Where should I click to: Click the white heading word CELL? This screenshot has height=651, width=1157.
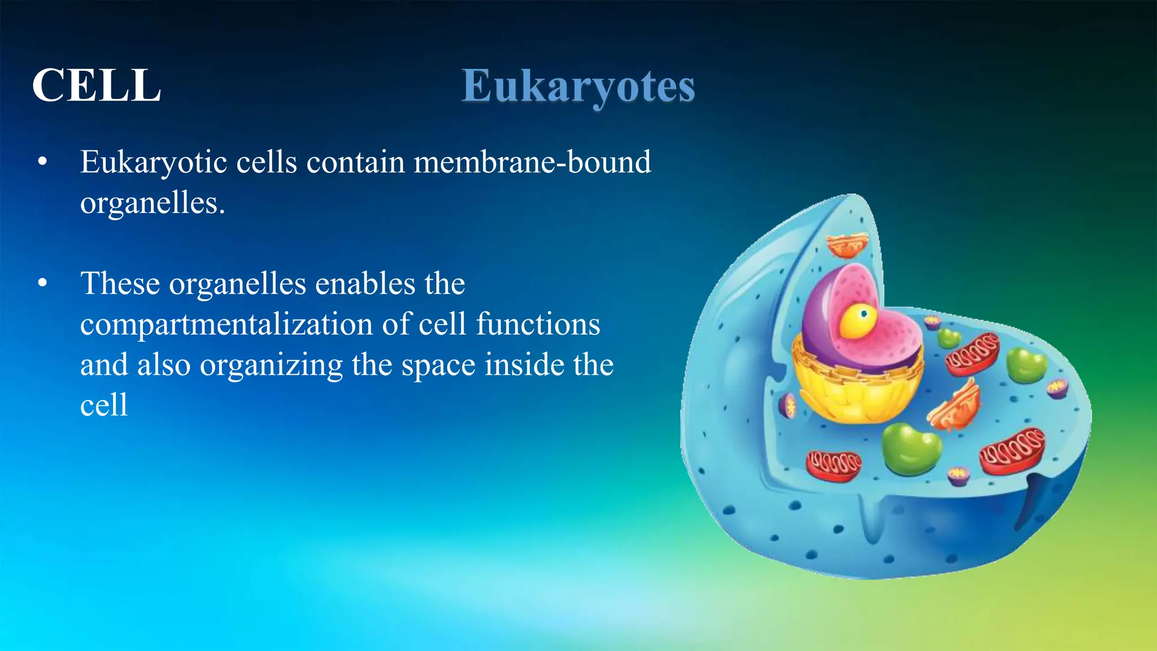click(97, 86)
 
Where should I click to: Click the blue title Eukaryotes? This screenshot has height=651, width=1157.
click(578, 86)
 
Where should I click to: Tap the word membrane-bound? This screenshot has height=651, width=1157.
click(532, 162)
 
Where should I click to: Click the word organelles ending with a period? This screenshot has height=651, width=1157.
click(152, 203)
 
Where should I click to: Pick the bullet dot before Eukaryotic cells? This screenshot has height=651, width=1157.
click(42, 163)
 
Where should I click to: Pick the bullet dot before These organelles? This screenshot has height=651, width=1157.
click(42, 284)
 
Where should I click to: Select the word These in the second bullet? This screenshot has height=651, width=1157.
click(120, 284)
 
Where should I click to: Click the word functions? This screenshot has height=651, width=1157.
click(538, 324)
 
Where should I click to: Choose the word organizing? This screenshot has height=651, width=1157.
click(271, 366)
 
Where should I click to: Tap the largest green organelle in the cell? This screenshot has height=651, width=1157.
click(911, 448)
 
